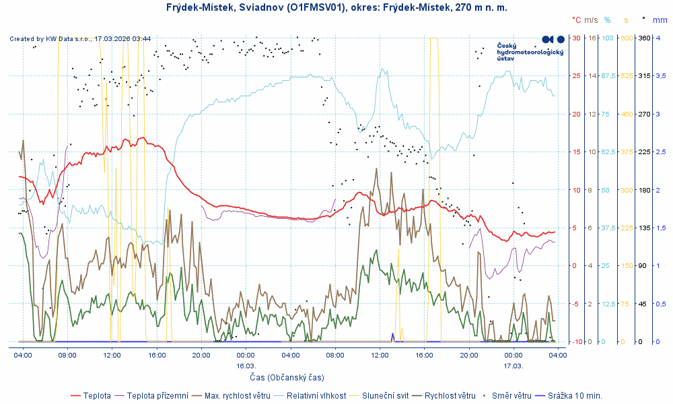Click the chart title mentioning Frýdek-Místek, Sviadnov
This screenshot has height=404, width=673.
click(x=336, y=7)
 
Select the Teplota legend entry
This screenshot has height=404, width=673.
click(x=97, y=395)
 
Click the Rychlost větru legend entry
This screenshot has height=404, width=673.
click(x=450, y=395)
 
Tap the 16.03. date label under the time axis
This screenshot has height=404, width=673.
click(x=245, y=366)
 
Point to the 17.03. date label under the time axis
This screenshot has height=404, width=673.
click(x=513, y=366)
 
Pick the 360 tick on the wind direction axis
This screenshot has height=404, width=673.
click(x=643, y=38)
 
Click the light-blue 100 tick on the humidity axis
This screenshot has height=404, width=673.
click(x=607, y=38)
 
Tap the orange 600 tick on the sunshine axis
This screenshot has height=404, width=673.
click(x=626, y=38)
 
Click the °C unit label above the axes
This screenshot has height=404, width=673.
click(x=576, y=20)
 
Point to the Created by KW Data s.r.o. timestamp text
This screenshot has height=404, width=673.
click(x=80, y=38)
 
